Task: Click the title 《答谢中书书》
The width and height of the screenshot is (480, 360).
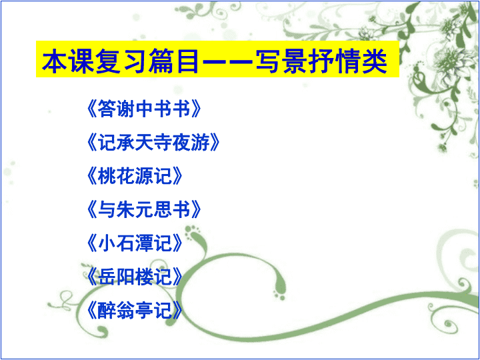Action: tap(144, 109)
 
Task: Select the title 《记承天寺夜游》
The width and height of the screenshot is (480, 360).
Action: tap(153, 143)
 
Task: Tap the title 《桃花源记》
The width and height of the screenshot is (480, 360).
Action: tap(135, 176)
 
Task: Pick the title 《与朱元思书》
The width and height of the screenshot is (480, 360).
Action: tap(144, 209)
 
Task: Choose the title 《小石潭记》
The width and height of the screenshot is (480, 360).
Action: tap(135, 243)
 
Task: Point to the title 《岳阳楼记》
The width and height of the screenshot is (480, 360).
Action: tap(135, 277)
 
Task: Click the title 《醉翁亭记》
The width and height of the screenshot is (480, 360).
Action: tap(135, 310)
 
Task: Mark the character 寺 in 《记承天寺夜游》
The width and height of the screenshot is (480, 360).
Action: tap(163, 143)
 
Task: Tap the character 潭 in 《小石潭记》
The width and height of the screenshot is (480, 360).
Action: tap(144, 243)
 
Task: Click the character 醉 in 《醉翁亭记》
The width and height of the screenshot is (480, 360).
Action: tap(107, 310)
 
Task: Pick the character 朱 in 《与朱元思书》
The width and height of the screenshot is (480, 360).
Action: tap(125, 209)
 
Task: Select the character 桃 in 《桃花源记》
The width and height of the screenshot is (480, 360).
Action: tap(107, 176)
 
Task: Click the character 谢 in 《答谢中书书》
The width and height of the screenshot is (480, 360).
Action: tap(125, 109)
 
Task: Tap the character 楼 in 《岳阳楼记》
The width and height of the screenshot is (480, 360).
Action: tap(144, 277)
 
